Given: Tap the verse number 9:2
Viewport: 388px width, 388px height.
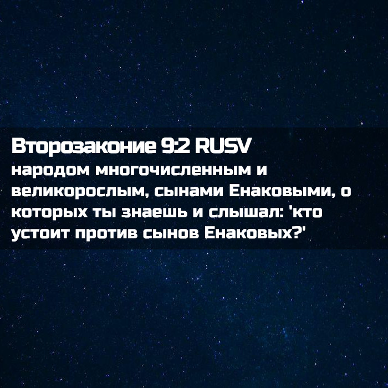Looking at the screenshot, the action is (x=175, y=146).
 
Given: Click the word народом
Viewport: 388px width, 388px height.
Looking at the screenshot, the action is (x=50, y=171).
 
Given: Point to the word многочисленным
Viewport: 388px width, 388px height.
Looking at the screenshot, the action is (x=173, y=171).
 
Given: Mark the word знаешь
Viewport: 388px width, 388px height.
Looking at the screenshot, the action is (x=155, y=213).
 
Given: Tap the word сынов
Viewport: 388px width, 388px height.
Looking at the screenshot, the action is (x=171, y=234).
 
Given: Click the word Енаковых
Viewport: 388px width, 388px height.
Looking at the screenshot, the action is (x=248, y=233).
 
